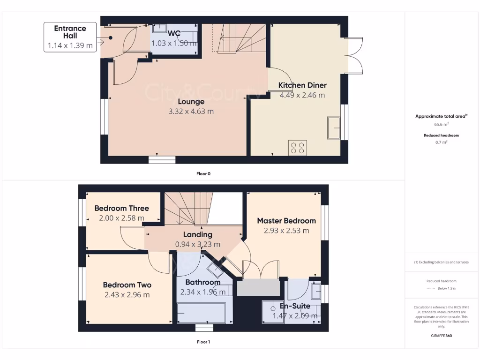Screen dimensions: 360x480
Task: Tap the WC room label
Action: [174, 34]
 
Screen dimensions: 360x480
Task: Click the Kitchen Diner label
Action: [302, 85]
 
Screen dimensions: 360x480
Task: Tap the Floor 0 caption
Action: [203, 173]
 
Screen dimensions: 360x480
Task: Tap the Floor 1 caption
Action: [203, 342]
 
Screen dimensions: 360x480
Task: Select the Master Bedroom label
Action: [286, 220]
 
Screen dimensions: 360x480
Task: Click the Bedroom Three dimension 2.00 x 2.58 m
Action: [121, 218]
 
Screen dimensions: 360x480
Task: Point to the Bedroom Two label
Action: [127, 285]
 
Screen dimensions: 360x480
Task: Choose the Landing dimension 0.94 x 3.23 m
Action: [197, 244]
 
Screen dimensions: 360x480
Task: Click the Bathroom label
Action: [202, 282]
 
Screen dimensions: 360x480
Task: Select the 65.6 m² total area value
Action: [441, 125]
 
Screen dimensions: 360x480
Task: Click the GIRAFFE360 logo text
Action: [441, 336]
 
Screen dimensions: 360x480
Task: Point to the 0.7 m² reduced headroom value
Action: [441, 142]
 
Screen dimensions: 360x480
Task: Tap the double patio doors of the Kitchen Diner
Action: [354, 55]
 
